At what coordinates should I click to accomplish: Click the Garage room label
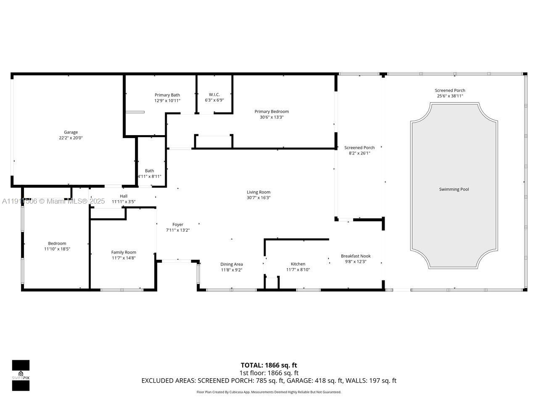(71, 132)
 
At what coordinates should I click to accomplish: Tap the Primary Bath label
(167, 95)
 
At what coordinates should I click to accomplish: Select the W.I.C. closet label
(214, 94)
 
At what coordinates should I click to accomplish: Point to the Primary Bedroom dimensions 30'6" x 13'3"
(272, 117)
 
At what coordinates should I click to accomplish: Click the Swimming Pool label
(454, 189)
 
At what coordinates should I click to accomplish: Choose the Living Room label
(258, 192)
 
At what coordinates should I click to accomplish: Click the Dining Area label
(232, 264)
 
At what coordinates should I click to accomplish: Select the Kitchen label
(298, 264)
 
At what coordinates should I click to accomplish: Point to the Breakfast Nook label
(356, 256)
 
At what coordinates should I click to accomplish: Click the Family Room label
(124, 252)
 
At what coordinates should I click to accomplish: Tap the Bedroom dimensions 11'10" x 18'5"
(57, 249)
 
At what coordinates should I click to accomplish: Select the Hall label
(124, 196)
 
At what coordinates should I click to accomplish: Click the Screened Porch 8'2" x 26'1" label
(359, 150)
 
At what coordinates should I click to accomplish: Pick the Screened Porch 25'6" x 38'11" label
(450, 93)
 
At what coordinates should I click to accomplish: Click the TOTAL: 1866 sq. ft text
(269, 365)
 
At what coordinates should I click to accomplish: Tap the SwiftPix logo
(21, 375)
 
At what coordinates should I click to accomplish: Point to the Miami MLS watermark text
(53, 201)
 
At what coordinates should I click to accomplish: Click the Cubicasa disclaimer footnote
(269, 392)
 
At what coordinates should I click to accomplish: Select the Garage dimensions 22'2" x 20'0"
(71, 138)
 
